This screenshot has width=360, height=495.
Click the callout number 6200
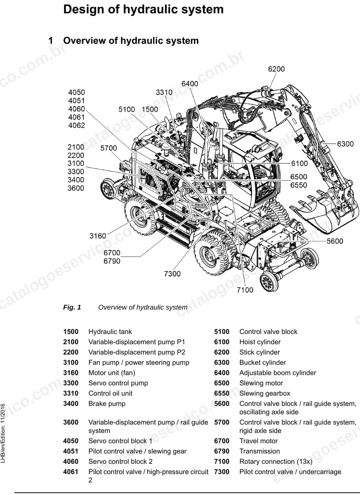pos(276,69)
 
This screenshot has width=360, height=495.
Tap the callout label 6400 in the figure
pos(190,84)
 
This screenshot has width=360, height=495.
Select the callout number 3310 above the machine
pos(164,93)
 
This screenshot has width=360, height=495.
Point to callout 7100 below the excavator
pos(245,290)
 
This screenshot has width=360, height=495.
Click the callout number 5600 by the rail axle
pos(335,241)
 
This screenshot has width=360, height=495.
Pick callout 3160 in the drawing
pos(98,236)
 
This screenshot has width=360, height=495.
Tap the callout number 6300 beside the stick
pos(345,144)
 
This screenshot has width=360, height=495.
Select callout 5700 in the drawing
pos(109,148)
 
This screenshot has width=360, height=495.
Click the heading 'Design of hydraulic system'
pos(143,10)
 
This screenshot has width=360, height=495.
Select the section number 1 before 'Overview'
pos(51,41)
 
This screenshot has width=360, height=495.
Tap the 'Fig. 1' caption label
pos(72,307)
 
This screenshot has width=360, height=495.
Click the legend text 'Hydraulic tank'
pos(110,332)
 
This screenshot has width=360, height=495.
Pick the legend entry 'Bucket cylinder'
pos(263,362)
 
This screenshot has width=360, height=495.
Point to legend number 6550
pos(222,394)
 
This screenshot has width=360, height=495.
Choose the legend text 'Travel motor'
pos(258,441)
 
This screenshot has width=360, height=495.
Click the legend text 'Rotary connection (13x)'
pos(276,461)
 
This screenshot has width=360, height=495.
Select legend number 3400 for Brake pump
pos(71,404)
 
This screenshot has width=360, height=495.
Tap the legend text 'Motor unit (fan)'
pos(112,373)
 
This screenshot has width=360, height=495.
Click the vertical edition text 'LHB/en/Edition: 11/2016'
pos(3,433)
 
